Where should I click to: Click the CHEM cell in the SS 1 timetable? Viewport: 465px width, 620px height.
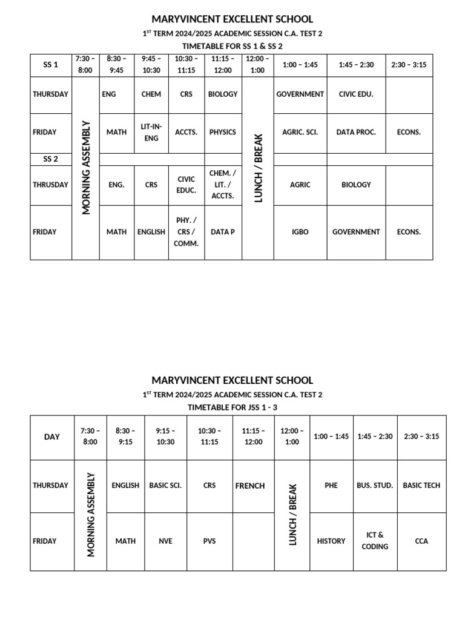[x=151, y=94]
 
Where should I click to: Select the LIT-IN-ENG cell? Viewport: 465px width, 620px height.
[x=151, y=132]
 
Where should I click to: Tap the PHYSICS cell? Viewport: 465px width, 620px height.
[x=223, y=132]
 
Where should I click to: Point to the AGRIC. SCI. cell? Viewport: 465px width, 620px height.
[x=300, y=132]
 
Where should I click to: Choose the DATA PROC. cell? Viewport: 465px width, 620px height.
[x=356, y=132]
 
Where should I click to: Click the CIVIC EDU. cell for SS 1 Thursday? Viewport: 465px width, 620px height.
[x=356, y=94]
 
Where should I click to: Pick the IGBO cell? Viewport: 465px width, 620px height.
[x=300, y=232]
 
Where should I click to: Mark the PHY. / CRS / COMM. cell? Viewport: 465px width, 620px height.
[x=186, y=232]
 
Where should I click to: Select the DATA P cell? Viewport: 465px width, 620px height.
[x=223, y=232]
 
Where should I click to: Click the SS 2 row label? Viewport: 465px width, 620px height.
[x=51, y=159]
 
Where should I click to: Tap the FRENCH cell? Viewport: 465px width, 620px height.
[x=250, y=486]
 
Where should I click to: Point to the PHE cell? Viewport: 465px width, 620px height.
[x=331, y=486]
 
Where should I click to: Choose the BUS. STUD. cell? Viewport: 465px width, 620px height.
[x=375, y=486]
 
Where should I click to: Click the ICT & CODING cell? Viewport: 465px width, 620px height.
[x=375, y=541]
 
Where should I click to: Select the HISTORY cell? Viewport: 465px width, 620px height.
[x=331, y=541]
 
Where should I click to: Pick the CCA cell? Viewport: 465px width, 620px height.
[x=421, y=541]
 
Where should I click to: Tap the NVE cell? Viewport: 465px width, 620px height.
[x=165, y=541]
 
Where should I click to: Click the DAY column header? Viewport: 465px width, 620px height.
[x=52, y=437]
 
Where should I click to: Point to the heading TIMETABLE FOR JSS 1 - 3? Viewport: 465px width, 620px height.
[x=232, y=407]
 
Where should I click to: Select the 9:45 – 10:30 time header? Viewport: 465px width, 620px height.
[x=151, y=65]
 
